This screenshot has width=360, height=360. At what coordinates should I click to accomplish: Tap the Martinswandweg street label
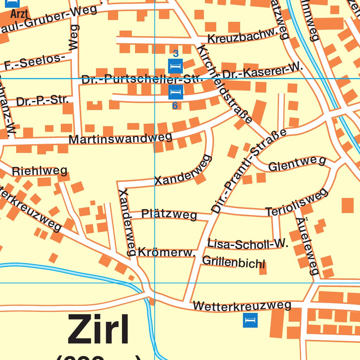click(120, 138)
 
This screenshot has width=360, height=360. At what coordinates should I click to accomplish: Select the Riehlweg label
click(39, 171)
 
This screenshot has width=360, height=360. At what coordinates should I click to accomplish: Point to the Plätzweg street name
click(169, 214)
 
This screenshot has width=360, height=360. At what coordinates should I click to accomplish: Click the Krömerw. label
click(167, 252)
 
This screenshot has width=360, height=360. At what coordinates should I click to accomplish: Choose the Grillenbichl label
click(234, 262)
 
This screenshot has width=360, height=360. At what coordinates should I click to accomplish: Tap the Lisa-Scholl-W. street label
click(247, 244)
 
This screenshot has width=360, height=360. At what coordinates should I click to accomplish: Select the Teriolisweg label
click(297, 203)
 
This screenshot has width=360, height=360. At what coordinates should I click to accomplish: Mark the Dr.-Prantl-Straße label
click(249, 172)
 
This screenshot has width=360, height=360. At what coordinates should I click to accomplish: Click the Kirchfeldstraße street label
click(225, 84)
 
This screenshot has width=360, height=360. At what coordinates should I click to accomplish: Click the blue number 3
click(176, 54)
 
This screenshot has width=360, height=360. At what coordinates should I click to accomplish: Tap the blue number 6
click(175, 105)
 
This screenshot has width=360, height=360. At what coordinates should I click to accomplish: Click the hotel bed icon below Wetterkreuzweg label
click(250, 320)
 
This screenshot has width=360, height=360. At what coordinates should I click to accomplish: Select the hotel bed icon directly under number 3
click(175, 66)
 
